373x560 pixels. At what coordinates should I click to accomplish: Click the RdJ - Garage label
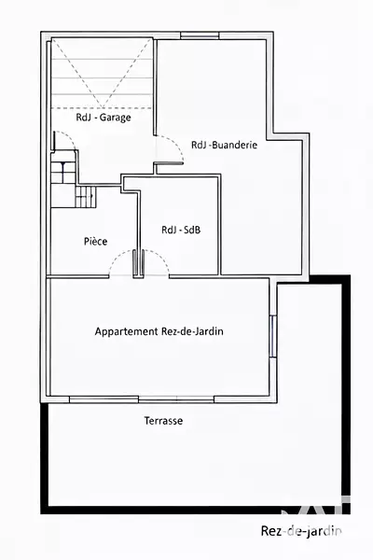pos(104,118)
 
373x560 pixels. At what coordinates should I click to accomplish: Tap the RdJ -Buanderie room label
pos(224,145)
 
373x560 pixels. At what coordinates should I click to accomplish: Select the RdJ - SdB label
pos(181,230)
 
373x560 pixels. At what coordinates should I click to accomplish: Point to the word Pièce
pos(96,241)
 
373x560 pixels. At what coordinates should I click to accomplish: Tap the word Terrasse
pos(163,421)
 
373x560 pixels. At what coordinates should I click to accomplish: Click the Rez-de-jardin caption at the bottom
pos(301,531)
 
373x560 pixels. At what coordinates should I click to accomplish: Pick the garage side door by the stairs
pos(54,141)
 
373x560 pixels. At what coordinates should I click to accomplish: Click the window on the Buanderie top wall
pos(200,35)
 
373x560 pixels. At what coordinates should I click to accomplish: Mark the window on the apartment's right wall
pos(272,336)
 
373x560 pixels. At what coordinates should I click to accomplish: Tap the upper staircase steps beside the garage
pos(63,173)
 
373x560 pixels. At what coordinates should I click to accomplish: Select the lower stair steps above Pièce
pos(86,196)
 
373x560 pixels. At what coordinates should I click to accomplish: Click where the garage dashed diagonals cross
pos(103,107)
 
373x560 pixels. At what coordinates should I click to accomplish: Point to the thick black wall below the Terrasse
pos(195,510)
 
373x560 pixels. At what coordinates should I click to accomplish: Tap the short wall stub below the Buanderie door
pos(168,163)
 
